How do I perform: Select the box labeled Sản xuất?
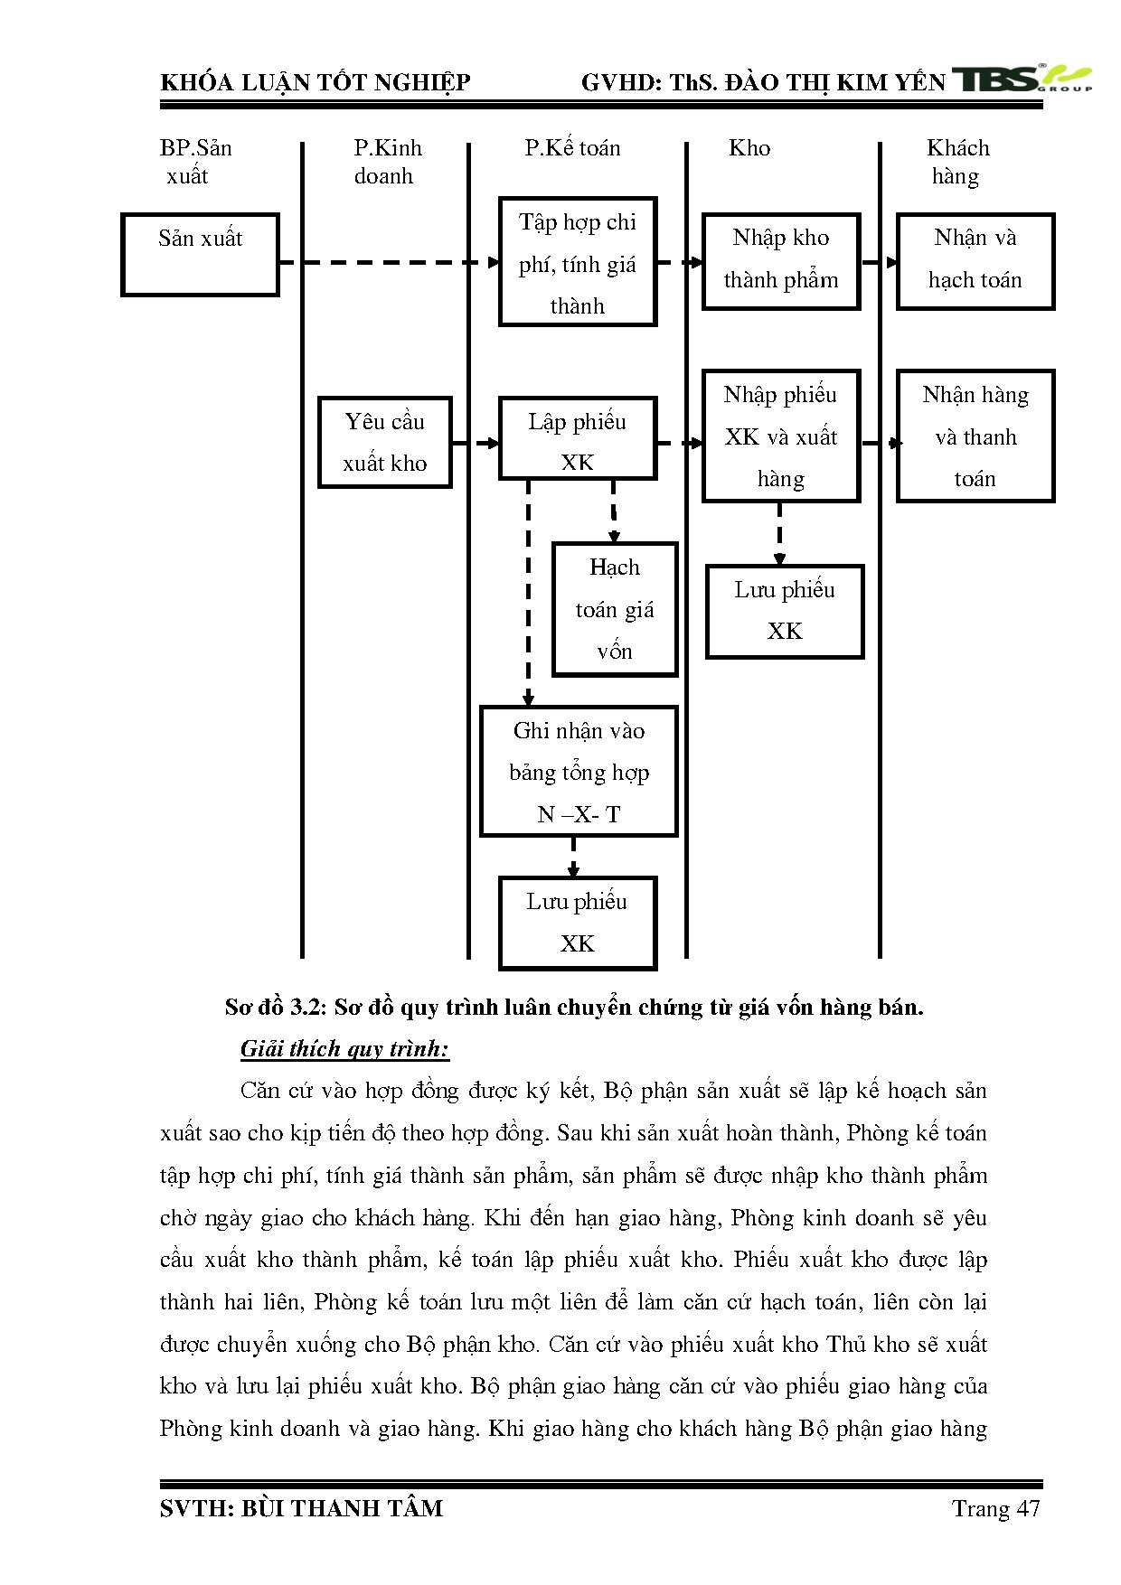click(x=200, y=255)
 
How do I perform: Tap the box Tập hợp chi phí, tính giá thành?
click(x=578, y=262)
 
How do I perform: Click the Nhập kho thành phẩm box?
click(x=781, y=261)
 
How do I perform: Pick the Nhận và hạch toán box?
click(x=975, y=261)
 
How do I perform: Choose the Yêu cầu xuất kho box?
click(x=385, y=443)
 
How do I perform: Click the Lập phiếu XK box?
click(x=578, y=438)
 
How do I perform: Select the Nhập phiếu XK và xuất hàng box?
click(x=781, y=436)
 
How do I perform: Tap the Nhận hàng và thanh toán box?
click(x=975, y=436)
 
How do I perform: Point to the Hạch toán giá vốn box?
click(x=615, y=609)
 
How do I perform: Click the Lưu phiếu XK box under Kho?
click(x=785, y=611)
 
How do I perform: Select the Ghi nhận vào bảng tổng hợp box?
click(x=579, y=772)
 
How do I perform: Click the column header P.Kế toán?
click(x=573, y=148)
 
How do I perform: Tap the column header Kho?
click(x=749, y=148)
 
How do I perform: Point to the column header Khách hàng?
click(x=957, y=162)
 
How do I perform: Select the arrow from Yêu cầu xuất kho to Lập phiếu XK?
click(x=476, y=444)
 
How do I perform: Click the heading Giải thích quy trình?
click(x=345, y=1049)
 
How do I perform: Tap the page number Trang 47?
click(x=995, y=1508)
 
